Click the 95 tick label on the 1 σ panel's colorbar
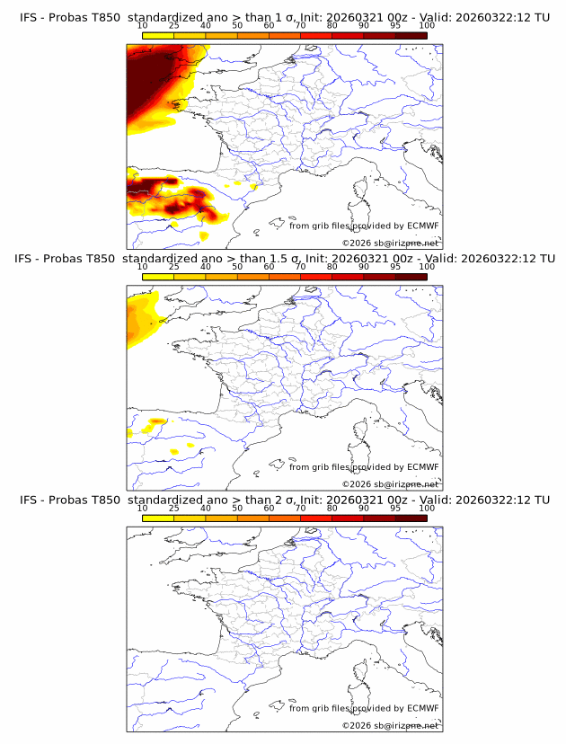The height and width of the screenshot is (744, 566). click(x=395, y=24)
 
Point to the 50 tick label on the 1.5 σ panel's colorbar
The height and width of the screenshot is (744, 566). click(x=237, y=267)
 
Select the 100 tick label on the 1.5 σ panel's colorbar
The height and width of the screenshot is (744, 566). click(x=427, y=267)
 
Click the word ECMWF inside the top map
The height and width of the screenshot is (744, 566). click(x=422, y=225)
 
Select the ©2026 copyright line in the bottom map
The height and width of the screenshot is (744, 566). click(x=390, y=725)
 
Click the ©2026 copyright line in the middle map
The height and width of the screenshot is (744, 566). click(x=390, y=483)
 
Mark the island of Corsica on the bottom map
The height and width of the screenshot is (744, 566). click(x=362, y=674)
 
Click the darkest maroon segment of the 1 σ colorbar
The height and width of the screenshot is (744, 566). click(x=411, y=34)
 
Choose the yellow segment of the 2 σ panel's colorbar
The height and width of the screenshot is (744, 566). click(x=157, y=519)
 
